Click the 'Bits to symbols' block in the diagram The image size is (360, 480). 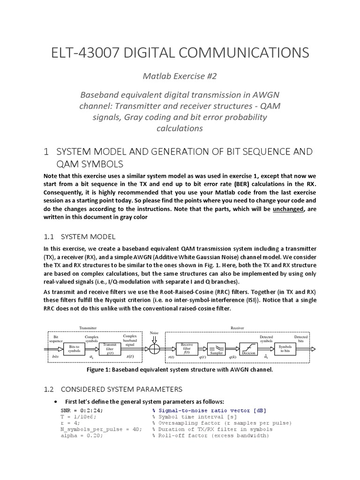74,349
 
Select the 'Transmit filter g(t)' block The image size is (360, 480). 110,349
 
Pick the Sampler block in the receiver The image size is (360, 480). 217,349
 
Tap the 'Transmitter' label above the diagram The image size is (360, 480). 88,328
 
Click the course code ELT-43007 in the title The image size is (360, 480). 92,53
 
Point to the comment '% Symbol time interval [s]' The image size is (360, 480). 195,416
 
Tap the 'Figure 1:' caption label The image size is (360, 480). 103,369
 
